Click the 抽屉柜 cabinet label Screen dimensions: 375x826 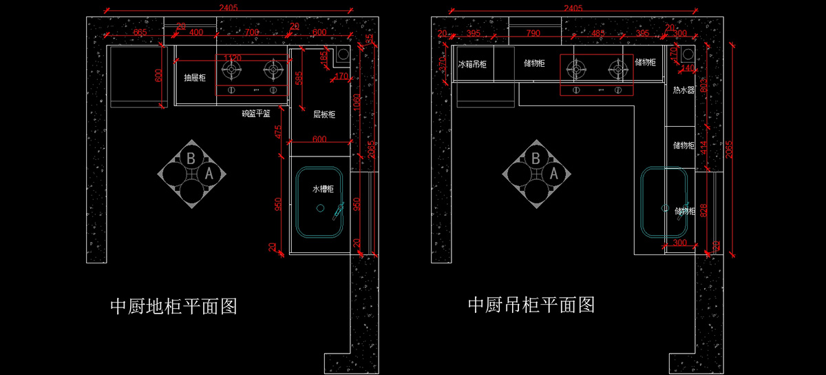point(195,78)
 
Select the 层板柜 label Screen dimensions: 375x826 point(324,114)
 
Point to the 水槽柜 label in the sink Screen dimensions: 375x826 point(323,188)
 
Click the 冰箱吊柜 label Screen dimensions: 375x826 point(472,63)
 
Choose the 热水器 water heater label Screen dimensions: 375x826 point(684,90)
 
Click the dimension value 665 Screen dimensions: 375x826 point(140,32)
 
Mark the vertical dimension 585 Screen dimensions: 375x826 point(298,78)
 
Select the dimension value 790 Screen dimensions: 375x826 point(533,32)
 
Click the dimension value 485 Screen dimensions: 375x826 point(597,32)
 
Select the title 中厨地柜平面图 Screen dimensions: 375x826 point(173,305)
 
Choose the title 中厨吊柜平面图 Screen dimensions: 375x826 point(531,304)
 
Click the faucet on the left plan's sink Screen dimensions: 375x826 point(337,212)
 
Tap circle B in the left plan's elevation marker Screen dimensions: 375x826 point(191,158)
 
